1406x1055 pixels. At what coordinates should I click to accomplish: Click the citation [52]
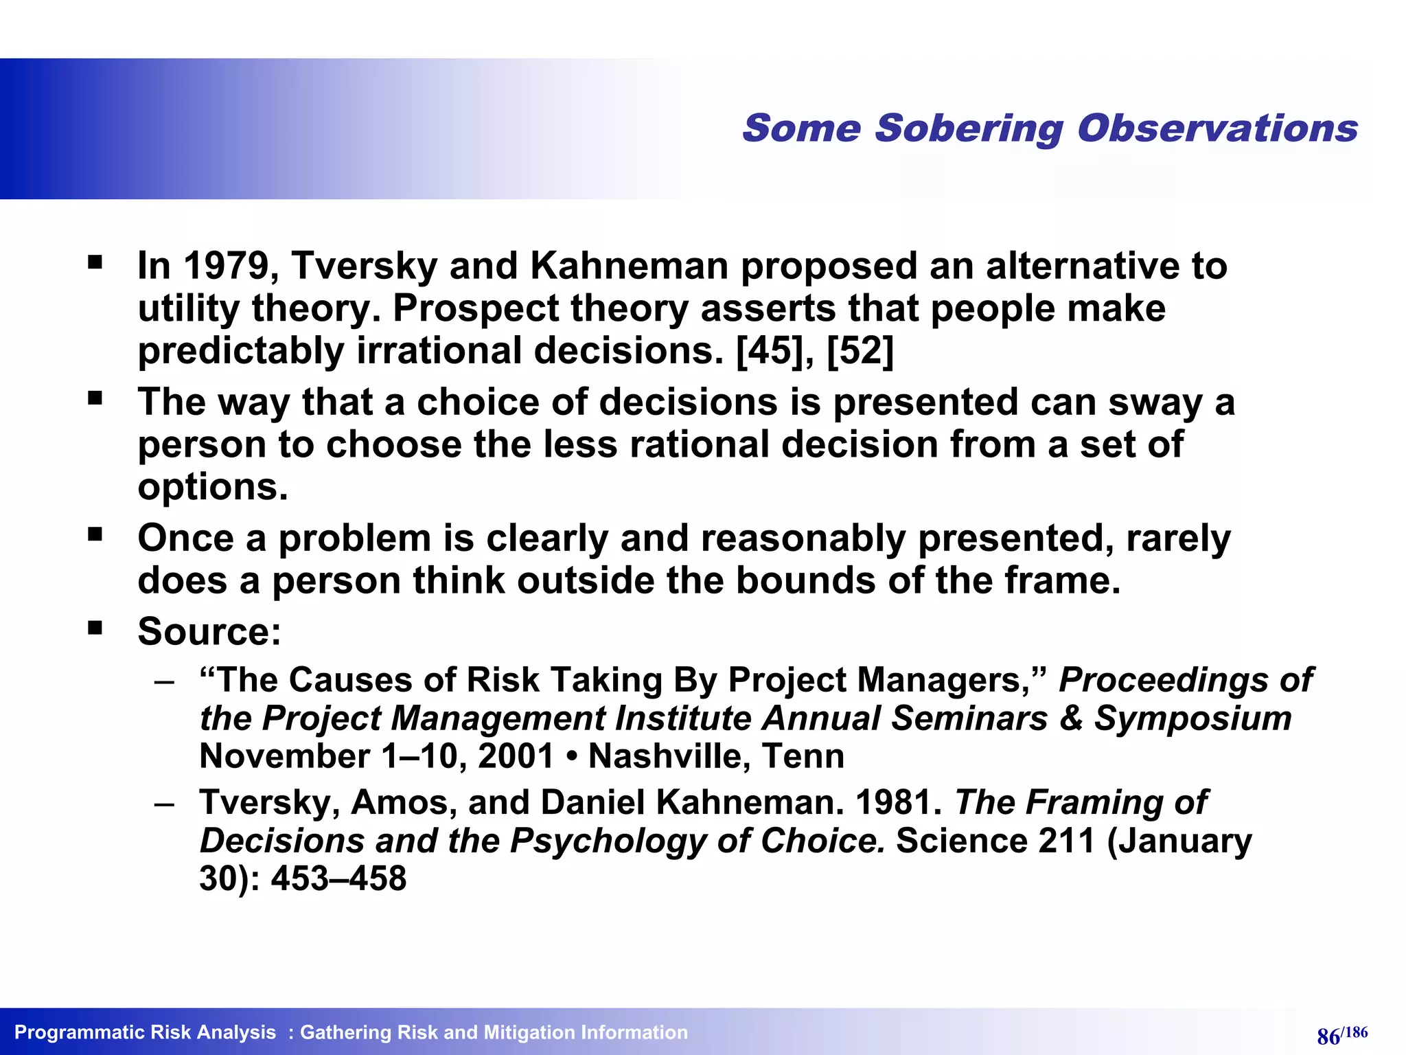[860, 351]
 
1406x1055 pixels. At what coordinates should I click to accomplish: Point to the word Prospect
[475, 308]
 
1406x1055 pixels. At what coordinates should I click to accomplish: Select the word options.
[213, 488]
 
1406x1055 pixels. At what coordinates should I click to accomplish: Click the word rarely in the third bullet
[1178, 538]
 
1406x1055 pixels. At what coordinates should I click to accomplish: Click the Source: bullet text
[209, 631]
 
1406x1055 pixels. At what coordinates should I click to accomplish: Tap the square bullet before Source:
[95, 627]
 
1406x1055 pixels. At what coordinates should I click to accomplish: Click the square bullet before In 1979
[95, 262]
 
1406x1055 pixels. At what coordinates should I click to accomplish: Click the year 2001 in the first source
[516, 756]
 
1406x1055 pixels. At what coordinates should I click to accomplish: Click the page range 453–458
[338, 878]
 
